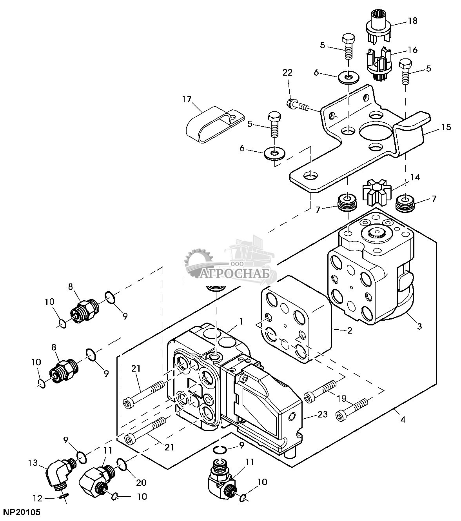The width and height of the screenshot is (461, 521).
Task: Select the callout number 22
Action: click(287, 73)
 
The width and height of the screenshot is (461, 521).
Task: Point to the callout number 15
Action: click(446, 127)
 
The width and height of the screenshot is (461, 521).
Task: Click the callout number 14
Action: click(415, 178)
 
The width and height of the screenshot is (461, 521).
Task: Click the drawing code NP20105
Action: click(22, 512)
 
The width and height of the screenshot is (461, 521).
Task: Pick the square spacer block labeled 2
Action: click(294, 318)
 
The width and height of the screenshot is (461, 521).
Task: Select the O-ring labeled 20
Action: click(122, 465)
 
